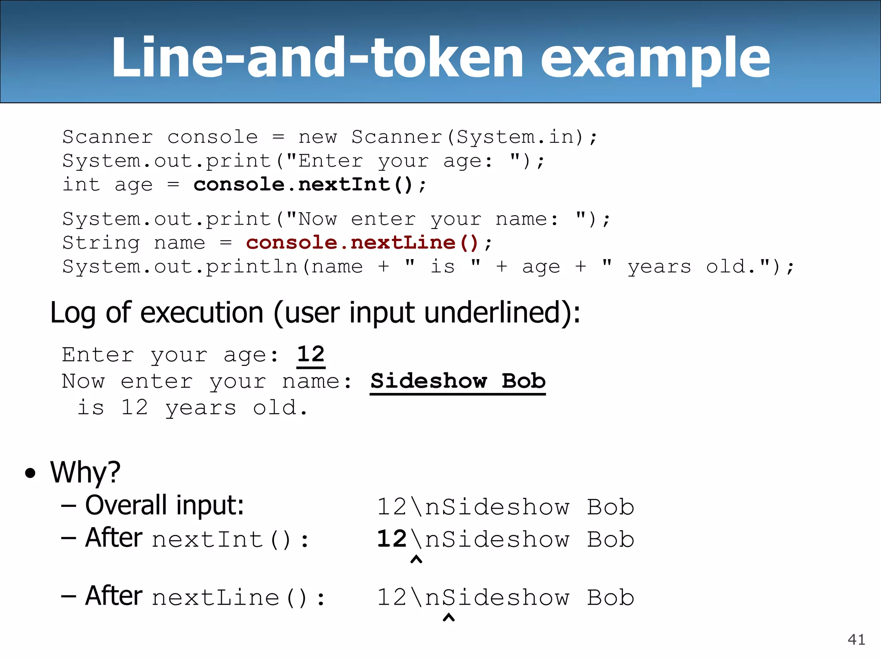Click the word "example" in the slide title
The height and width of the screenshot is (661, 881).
(655, 58)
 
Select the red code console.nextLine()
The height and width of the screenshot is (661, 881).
(362, 243)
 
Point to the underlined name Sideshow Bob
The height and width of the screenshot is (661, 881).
(458, 381)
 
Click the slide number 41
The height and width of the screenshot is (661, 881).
(856, 639)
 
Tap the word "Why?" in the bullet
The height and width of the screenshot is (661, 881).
(85, 473)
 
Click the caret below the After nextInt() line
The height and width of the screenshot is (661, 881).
(416, 559)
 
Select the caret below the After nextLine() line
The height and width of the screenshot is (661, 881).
(449, 618)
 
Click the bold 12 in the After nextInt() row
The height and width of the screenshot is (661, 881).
(391, 539)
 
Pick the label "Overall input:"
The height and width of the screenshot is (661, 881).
(164, 505)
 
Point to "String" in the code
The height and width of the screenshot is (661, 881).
(101, 243)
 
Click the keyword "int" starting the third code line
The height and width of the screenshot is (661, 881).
(81, 185)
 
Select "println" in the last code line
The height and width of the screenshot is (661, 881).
(252, 267)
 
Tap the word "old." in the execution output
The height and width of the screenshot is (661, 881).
(280, 408)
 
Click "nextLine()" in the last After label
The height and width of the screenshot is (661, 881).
(229, 598)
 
